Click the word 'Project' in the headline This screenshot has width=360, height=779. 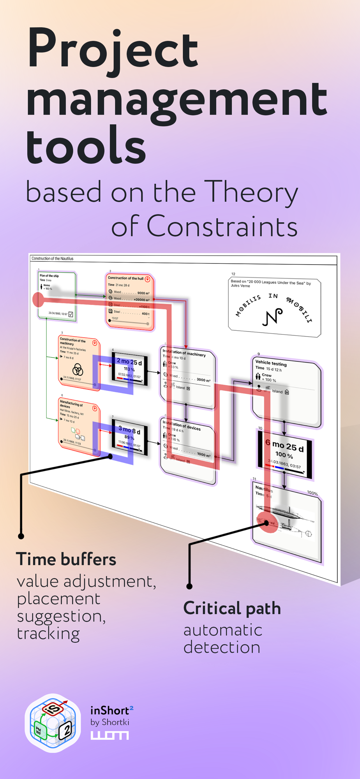[113, 51]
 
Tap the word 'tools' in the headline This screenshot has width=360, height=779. [86, 145]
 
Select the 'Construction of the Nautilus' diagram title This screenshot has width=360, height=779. [52, 259]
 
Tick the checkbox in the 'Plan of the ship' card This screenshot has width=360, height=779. [71, 314]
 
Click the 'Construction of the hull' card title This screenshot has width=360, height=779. [125, 278]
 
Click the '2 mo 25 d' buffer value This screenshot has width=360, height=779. [129, 362]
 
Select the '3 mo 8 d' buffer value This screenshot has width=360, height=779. [129, 430]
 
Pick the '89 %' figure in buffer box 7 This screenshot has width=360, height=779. [129, 437]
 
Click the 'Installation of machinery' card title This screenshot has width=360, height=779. [184, 353]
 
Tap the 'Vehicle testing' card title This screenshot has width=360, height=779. [271, 363]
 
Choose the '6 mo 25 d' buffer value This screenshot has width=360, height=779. [284, 446]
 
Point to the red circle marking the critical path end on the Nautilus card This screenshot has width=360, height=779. [267, 522]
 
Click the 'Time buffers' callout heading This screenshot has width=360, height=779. [66, 559]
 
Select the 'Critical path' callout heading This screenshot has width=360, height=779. [232, 608]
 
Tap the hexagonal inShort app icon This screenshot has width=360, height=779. [53, 723]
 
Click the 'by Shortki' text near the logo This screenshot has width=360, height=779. [109, 722]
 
